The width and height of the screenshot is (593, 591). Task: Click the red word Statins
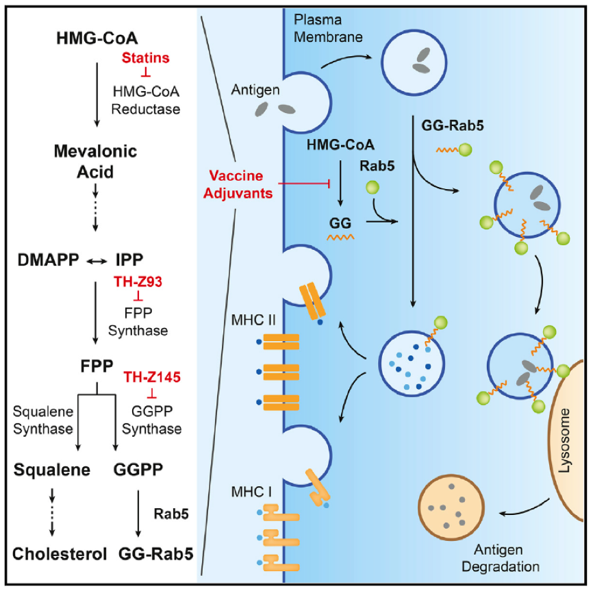pos(146,58)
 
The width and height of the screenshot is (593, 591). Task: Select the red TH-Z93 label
pos(138,281)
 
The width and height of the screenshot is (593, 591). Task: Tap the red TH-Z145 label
pos(152,377)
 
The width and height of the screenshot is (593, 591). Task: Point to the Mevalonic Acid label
pos(95,162)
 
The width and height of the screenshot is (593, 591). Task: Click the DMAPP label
pos(49,260)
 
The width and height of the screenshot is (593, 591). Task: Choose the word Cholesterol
pos(60,554)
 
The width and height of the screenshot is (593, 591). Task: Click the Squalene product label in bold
pos(52,470)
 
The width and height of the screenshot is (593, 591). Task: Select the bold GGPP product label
pos(138,469)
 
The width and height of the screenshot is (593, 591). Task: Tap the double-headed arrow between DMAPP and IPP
pos(97,261)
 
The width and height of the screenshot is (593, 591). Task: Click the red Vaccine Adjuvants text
pos(238,184)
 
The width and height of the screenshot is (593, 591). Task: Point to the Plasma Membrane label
pos(328,28)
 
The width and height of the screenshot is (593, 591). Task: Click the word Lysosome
pos(564,440)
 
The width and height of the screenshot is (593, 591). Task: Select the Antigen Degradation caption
pos(500,558)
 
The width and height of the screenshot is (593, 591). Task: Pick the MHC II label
pos(253,320)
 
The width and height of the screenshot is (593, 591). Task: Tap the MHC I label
pos(251,492)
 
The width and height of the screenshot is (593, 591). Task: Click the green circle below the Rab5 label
pos(373,187)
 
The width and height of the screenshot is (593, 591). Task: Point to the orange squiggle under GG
pos(340,237)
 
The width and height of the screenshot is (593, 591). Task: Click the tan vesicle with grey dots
pos(451,507)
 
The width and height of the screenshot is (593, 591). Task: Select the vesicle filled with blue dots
pos(412,364)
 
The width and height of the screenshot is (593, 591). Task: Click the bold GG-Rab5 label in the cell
pos(453,125)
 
